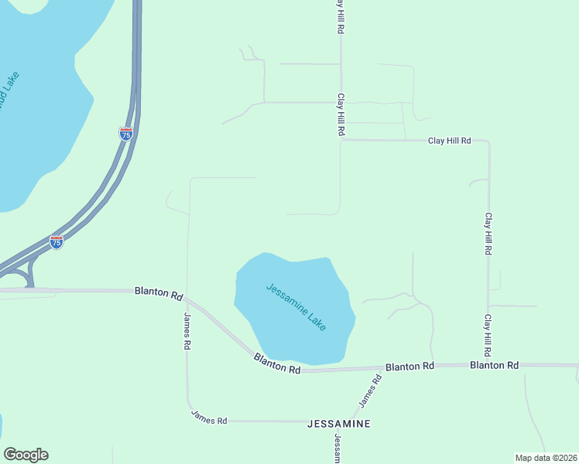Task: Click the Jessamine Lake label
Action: click(296, 307)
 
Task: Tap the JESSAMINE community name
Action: click(338, 424)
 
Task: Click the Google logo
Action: click(26, 455)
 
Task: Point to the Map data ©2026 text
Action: click(546, 458)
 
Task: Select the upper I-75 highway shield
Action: click(126, 134)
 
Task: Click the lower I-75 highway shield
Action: click(57, 242)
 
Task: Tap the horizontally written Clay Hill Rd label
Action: click(450, 141)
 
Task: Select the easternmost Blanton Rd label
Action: click(494, 365)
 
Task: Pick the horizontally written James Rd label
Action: click(209, 420)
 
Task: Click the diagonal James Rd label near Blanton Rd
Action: click(370, 392)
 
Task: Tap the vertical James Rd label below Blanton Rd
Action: click(187, 332)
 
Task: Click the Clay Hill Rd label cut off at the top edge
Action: click(340, 16)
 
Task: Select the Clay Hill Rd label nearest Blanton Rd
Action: click(488, 335)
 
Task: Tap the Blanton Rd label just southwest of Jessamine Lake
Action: click(276, 364)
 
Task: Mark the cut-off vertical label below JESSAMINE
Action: click(337, 448)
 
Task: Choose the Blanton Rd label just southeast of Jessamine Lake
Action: click(409, 366)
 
